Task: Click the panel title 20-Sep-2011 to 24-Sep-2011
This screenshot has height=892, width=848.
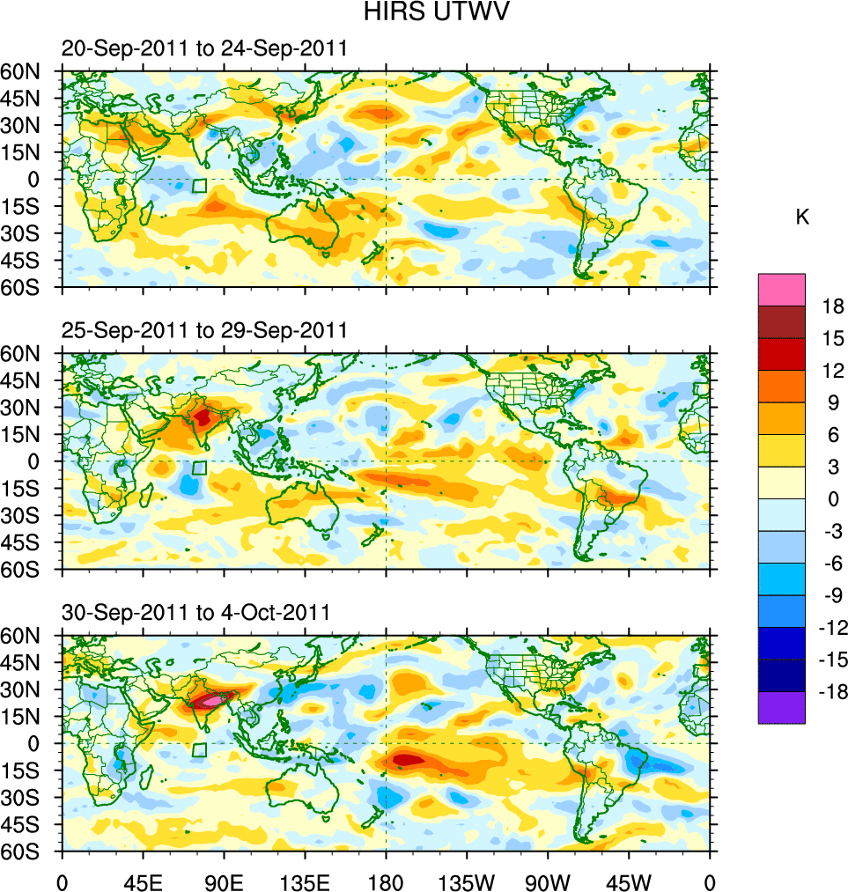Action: point(203,49)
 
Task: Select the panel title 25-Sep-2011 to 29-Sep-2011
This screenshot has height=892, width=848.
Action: point(203,330)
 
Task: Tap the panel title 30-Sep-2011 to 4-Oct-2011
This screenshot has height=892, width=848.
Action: point(195,612)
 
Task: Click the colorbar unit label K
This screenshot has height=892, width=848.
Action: point(802,217)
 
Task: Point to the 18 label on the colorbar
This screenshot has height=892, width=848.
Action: point(833,306)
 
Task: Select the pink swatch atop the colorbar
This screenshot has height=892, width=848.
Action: point(781,289)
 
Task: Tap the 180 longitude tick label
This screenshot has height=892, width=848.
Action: point(386,881)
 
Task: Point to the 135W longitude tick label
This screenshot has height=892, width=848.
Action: point(467,881)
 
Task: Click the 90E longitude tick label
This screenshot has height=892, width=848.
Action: point(224,881)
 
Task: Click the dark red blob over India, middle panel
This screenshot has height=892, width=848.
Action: point(203,416)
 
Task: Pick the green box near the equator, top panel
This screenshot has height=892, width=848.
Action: point(200,186)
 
